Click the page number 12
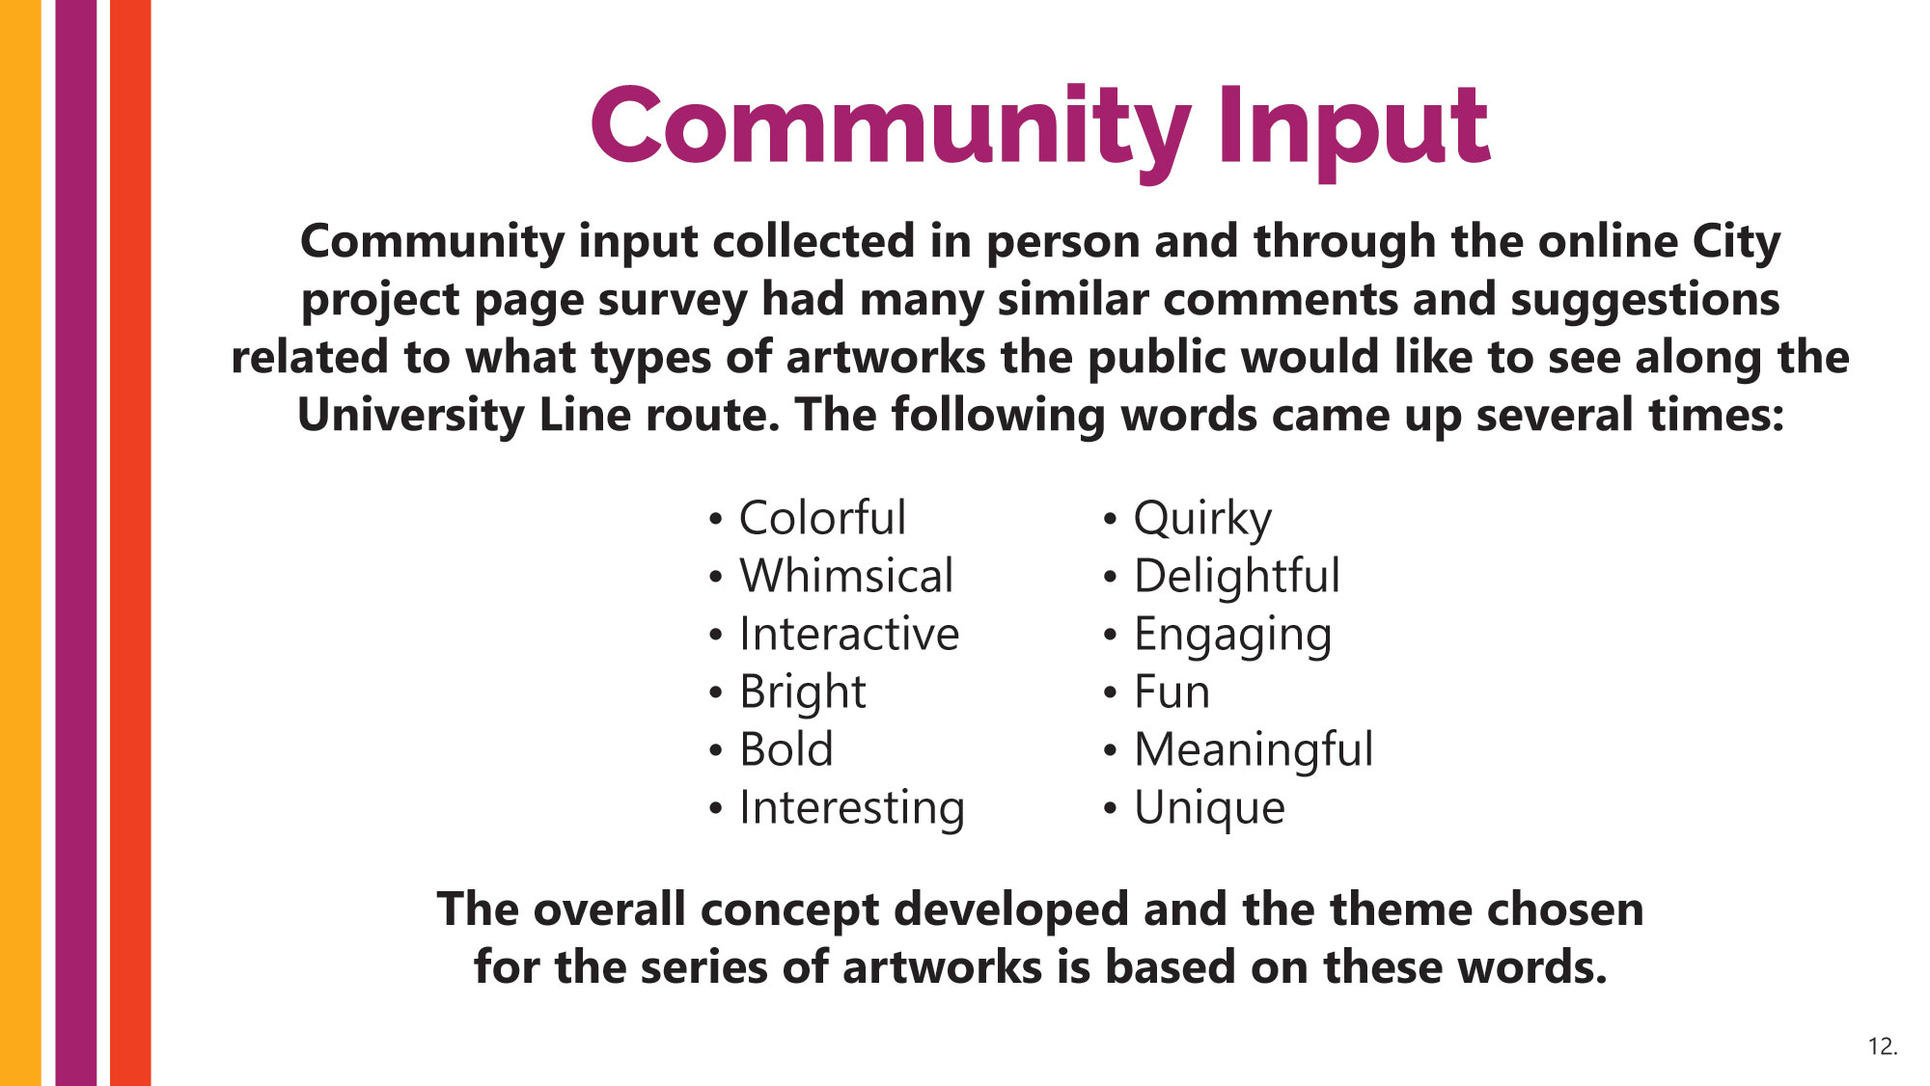(x=1883, y=1046)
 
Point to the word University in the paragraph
(x=410, y=416)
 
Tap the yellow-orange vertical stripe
(x=20, y=543)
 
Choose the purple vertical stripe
(x=76, y=543)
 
